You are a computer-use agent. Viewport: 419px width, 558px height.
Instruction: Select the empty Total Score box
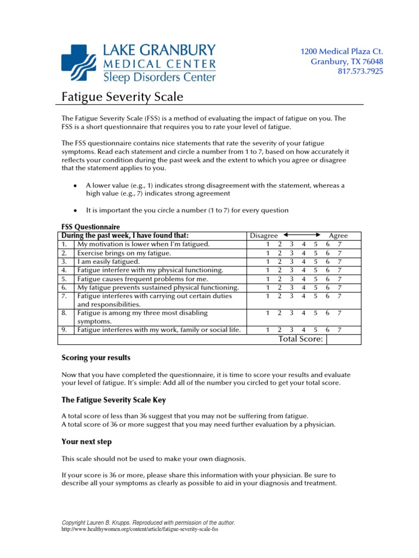tap(344, 339)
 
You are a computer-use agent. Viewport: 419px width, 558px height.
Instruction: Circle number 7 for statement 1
tap(340, 245)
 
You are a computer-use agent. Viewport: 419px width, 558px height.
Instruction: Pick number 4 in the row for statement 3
tap(303, 262)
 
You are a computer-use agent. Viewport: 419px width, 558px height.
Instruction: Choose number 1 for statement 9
tap(267, 330)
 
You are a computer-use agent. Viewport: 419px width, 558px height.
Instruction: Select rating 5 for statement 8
tap(315, 313)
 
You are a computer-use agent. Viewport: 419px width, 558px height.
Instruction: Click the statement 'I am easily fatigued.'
tap(109, 262)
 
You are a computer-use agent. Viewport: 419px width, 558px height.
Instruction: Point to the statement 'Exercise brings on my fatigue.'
tap(124, 253)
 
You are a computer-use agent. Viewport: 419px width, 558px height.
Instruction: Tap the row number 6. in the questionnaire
tap(64, 287)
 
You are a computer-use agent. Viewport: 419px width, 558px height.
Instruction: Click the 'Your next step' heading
tap(86, 441)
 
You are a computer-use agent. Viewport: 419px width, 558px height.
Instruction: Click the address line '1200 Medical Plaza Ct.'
tap(342, 51)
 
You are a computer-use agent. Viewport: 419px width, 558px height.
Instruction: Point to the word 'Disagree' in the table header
tap(264, 235)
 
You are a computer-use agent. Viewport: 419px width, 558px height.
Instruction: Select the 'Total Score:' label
tap(301, 339)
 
